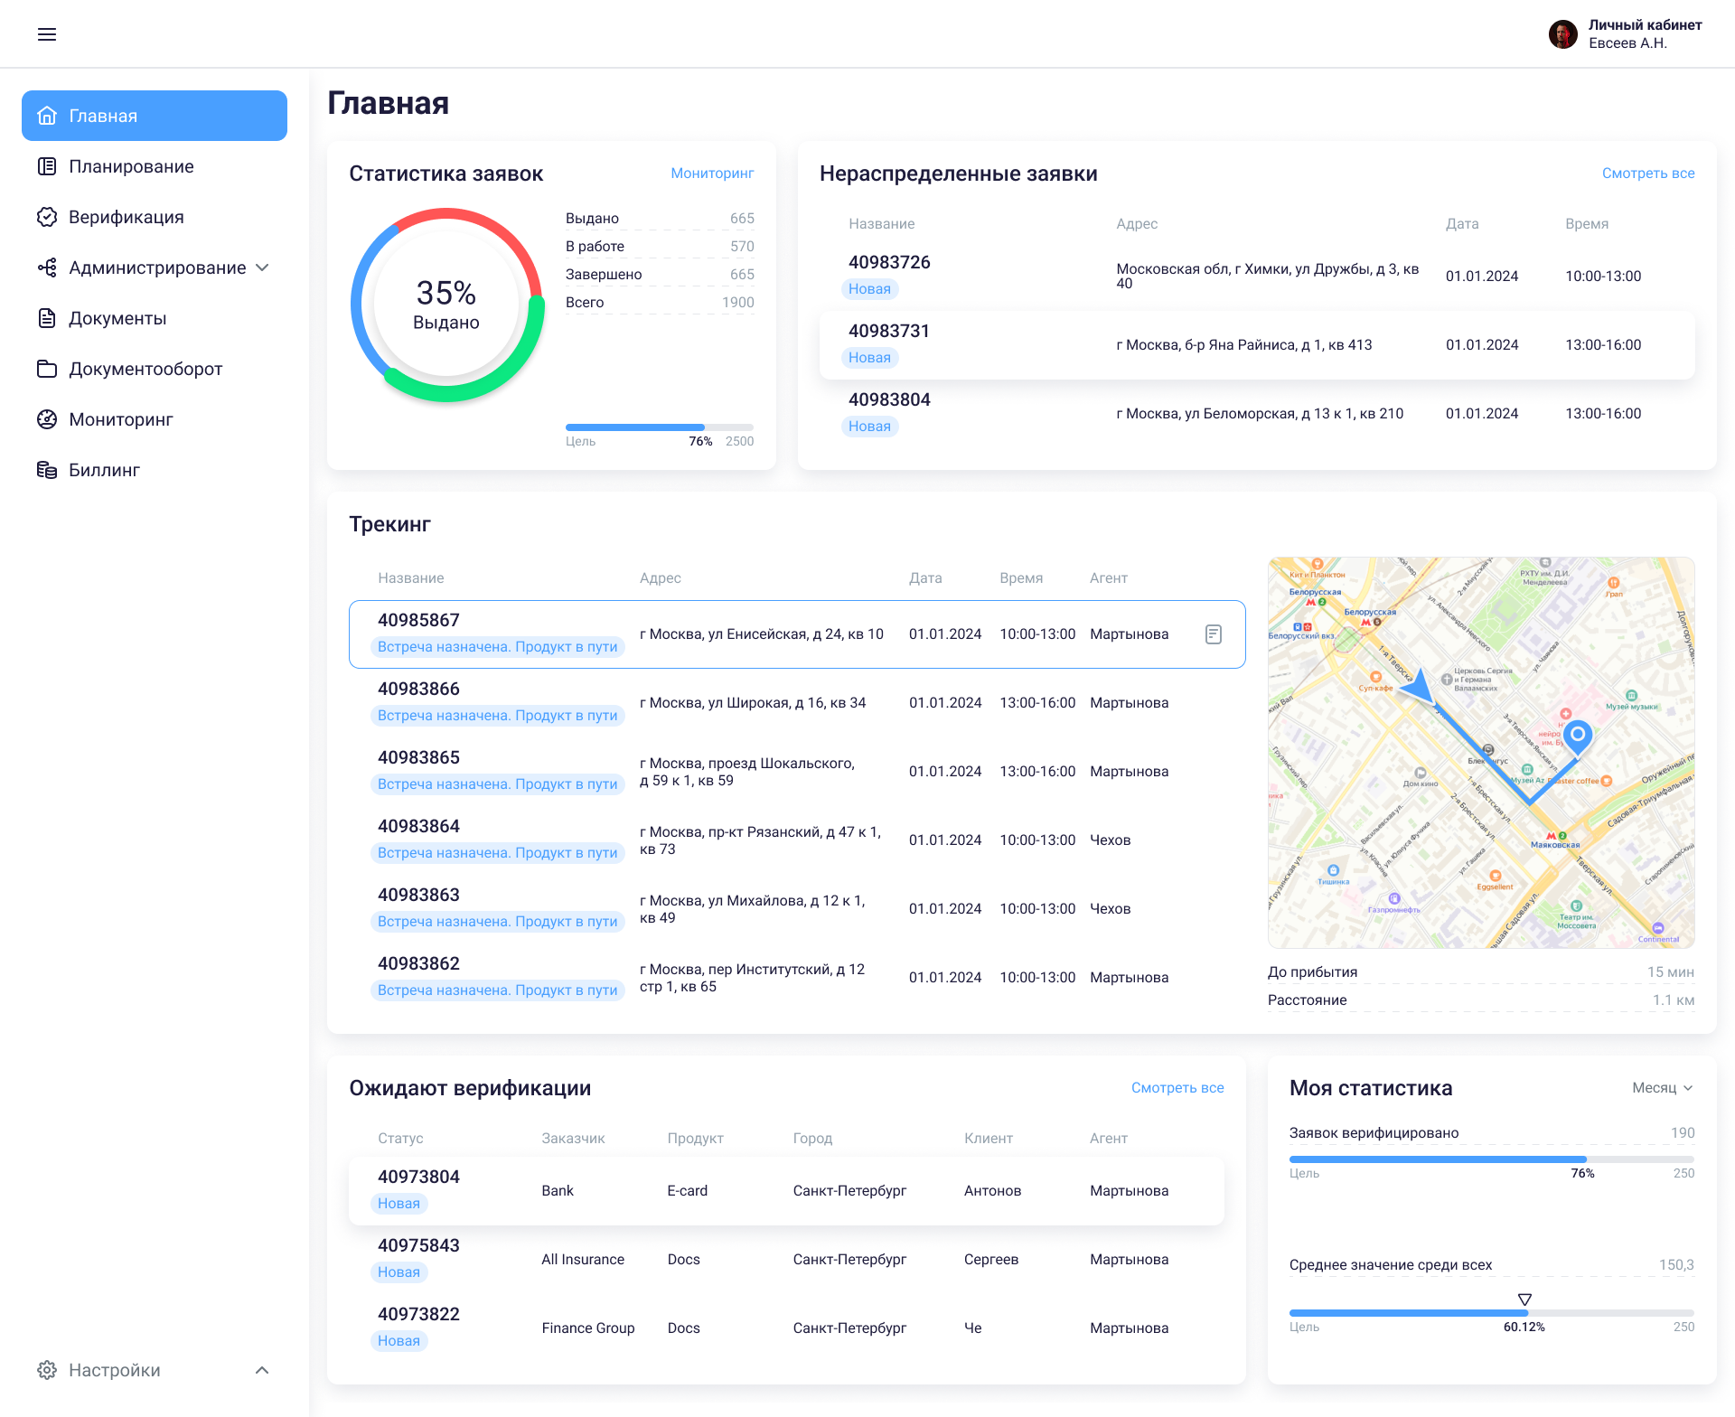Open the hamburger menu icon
click(47, 34)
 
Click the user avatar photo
click(1562, 34)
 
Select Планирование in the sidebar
click(131, 166)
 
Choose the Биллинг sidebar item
click(104, 470)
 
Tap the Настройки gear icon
click(47, 1370)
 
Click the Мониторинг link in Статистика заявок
click(712, 174)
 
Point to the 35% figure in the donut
click(445, 293)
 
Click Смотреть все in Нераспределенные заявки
click(1648, 174)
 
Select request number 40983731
click(889, 332)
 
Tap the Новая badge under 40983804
click(869, 427)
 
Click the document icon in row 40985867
click(1214, 634)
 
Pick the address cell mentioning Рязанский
click(760, 840)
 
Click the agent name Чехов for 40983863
click(1110, 909)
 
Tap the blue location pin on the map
click(1578, 735)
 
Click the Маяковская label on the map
click(1555, 845)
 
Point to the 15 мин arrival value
click(1670, 972)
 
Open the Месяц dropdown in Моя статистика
click(1662, 1088)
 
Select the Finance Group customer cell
click(588, 1328)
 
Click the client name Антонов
click(992, 1191)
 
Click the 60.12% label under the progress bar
click(1524, 1327)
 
